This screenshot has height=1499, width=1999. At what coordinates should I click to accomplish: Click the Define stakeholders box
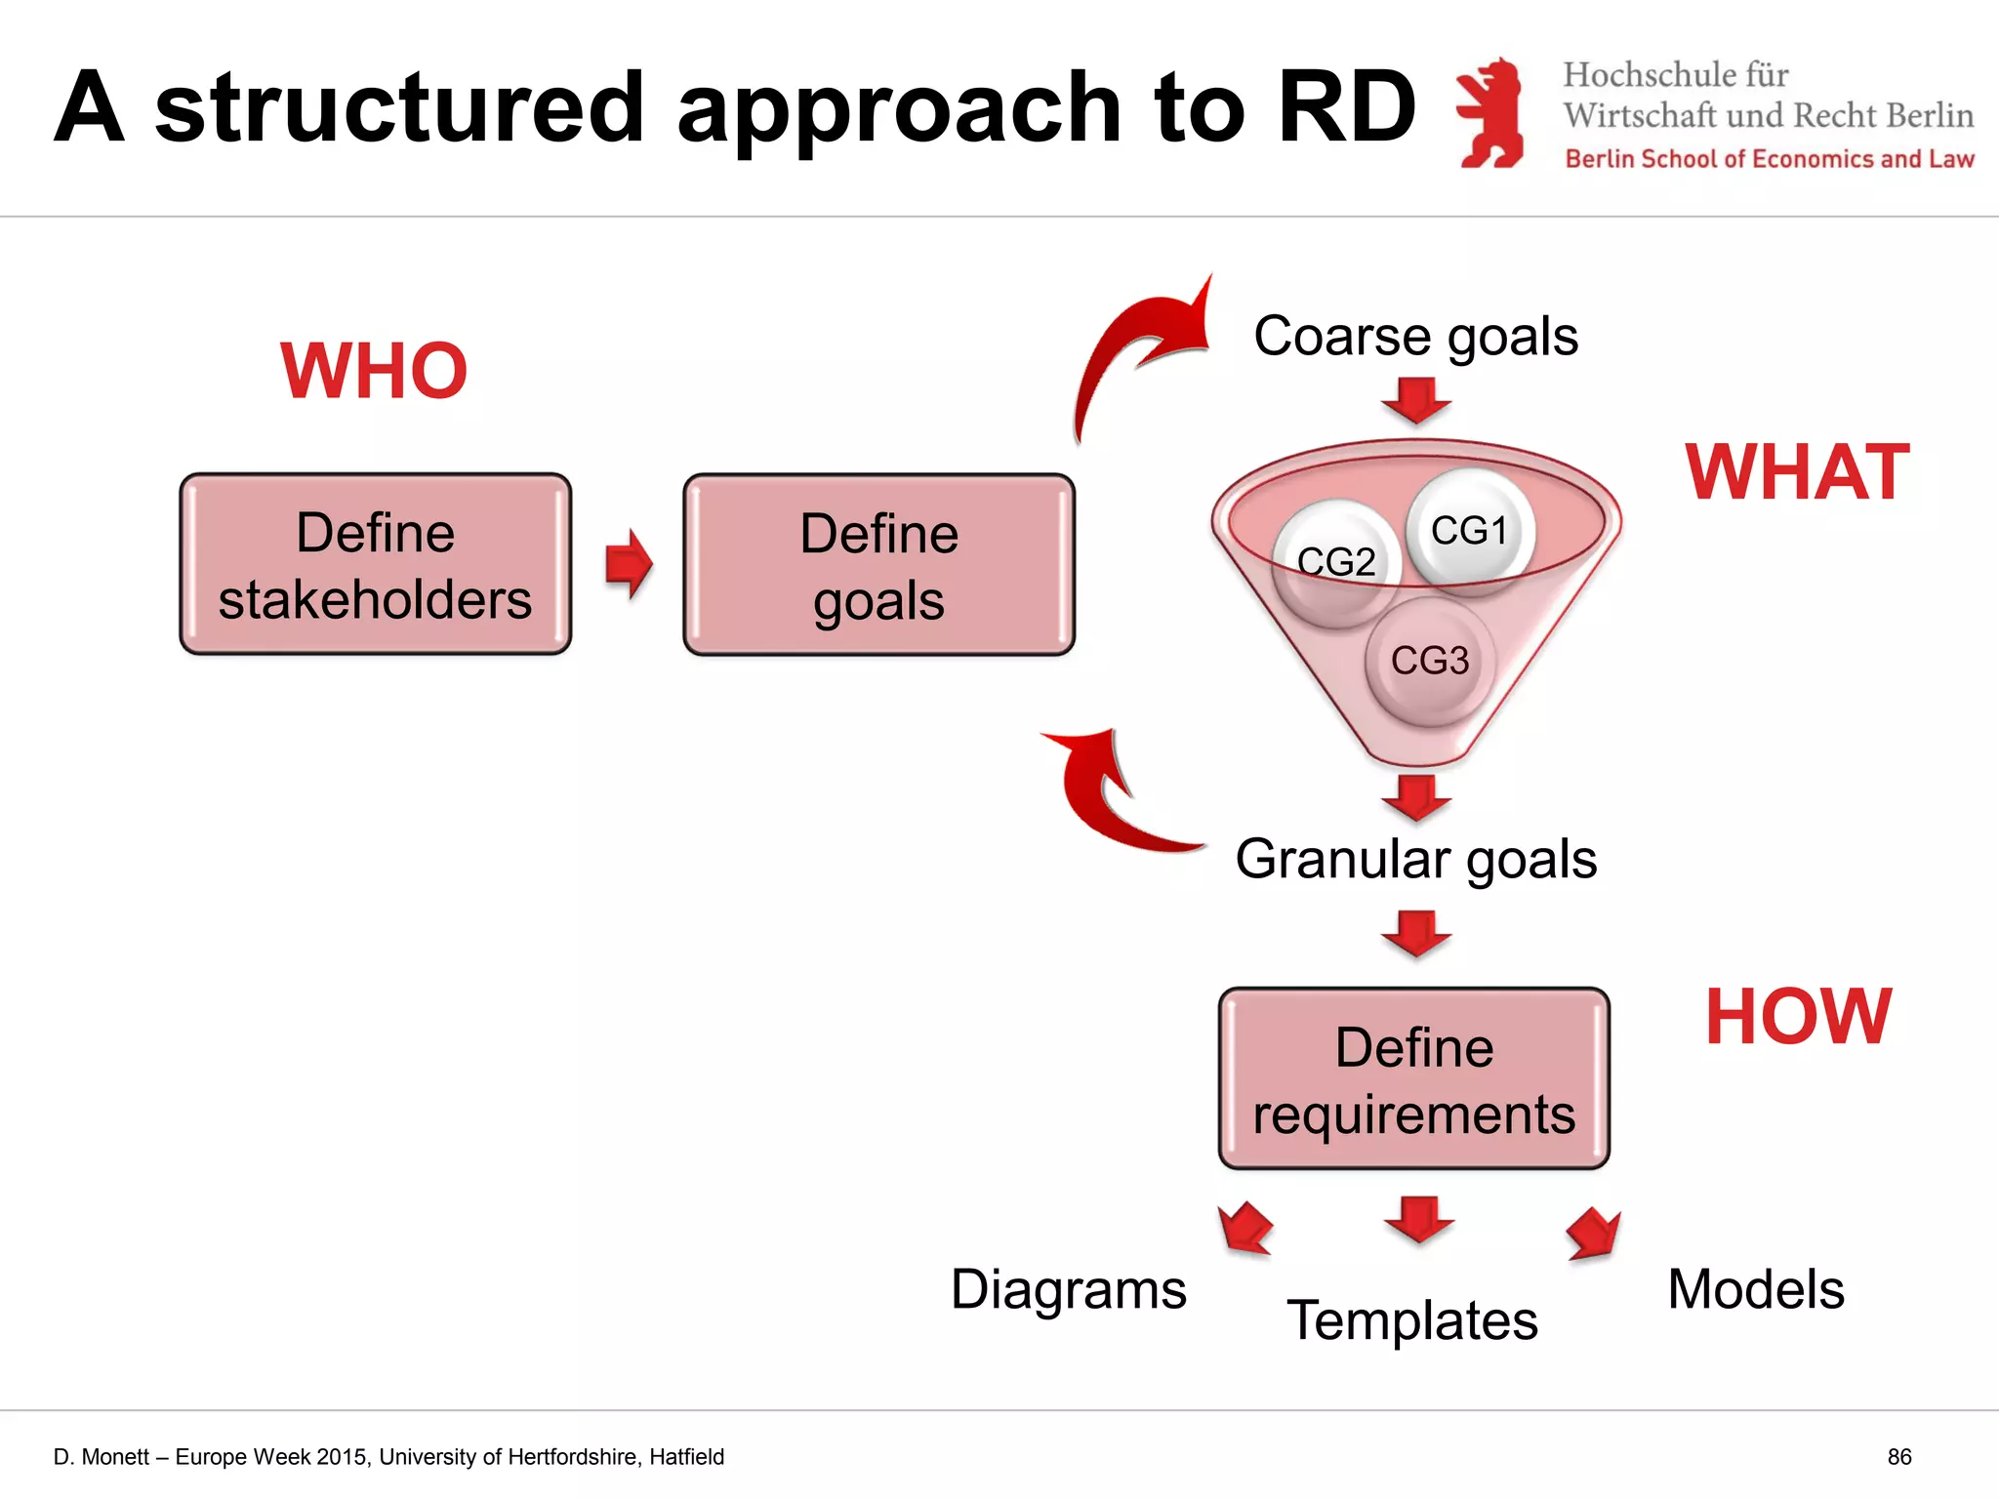375,564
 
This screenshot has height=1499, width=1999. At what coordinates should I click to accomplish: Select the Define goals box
878,565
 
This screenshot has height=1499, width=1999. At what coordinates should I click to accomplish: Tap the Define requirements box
1413,1078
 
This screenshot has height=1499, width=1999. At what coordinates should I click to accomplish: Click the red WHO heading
374,371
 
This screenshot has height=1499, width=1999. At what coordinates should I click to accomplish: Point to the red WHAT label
1797,472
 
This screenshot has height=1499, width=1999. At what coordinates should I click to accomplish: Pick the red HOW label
1798,1017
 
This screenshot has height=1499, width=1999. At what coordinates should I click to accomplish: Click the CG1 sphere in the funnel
1470,530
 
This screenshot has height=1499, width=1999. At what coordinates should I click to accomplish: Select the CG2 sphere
1336,562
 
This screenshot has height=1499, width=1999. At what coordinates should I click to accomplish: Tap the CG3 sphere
1430,661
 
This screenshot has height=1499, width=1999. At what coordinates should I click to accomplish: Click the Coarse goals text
1415,336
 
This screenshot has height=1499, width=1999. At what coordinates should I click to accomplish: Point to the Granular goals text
1415,859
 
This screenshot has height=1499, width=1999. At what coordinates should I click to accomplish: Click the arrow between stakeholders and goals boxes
628,564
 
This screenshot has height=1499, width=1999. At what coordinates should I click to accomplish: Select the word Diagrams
1068,1289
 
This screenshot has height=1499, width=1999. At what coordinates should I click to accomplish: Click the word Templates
1411,1320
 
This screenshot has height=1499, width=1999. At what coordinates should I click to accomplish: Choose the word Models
1755,1289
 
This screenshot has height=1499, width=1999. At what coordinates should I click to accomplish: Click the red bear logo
1490,113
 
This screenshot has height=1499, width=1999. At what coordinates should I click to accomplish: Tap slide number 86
1898,1457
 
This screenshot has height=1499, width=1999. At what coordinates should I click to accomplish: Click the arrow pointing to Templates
1418,1219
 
